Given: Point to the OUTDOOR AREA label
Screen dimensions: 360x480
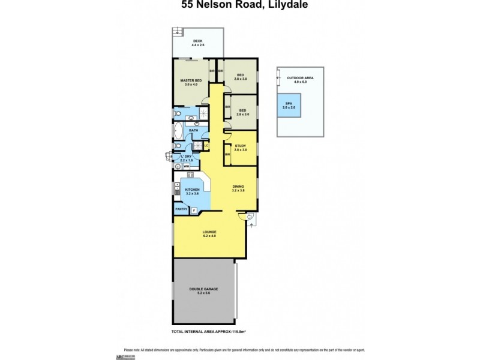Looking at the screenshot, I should (x=300, y=78).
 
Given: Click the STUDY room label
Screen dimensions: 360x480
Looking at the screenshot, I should (x=241, y=146).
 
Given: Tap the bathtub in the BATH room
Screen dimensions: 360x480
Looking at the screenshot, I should (x=179, y=131).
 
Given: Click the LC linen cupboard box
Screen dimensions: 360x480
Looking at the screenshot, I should (x=206, y=145).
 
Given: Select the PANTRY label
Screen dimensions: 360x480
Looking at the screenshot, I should (x=181, y=209).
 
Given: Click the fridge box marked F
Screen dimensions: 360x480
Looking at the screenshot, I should (x=194, y=209).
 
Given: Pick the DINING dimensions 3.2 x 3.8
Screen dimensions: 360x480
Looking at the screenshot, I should (x=238, y=190).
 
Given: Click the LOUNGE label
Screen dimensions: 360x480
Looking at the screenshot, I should (x=209, y=232).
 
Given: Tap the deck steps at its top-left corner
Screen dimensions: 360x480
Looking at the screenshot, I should (x=177, y=31).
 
